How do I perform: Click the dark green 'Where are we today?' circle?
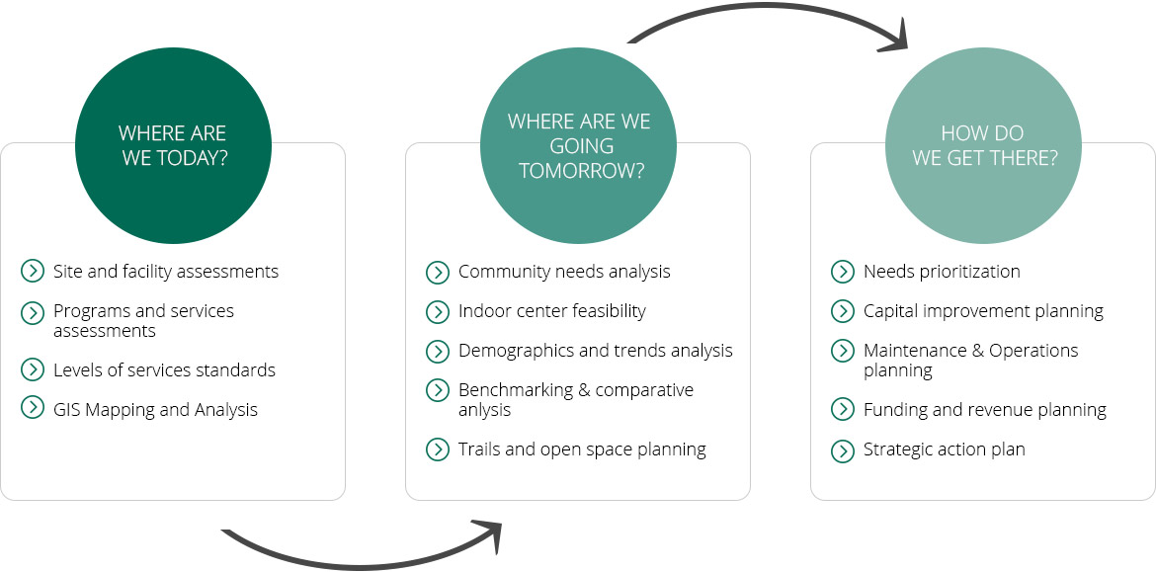coord(173,146)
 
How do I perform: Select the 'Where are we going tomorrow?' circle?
coord(579,146)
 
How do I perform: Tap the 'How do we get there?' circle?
coord(983,146)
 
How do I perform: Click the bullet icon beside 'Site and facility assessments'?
coord(33,272)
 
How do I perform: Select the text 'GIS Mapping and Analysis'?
coord(155,409)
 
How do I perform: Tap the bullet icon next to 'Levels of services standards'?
coord(33,369)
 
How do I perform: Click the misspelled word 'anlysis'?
coord(484,411)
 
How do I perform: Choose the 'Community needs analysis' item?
coord(564,272)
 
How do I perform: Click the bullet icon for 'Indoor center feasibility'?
coord(438,312)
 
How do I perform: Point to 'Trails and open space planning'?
coord(582,449)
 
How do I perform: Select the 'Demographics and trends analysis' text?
coord(596,350)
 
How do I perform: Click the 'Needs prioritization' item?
coord(942,272)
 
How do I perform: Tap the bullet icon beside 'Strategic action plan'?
coord(843,450)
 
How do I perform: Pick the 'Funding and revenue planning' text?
coord(985,410)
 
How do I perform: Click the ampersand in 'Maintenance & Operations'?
coord(978,350)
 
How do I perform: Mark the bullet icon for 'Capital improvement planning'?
coord(843,312)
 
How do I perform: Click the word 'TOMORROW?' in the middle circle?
coord(582,170)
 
